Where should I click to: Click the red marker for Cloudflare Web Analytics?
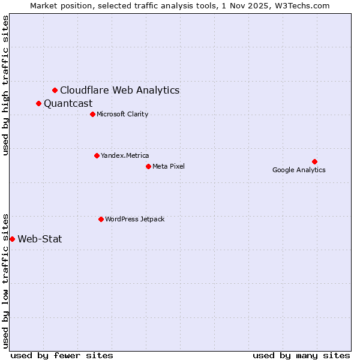[x=55, y=90]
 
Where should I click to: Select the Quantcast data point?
[x=38, y=103]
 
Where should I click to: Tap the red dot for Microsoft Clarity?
[x=92, y=114]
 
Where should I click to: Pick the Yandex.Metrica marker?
[x=97, y=155]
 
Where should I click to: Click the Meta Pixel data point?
[x=148, y=166]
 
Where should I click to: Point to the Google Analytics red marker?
[x=314, y=161]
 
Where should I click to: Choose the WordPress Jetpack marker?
[x=101, y=219]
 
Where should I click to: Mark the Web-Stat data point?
[x=12, y=239]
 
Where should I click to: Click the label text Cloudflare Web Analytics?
[x=119, y=90]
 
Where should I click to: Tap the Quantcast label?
[x=68, y=103]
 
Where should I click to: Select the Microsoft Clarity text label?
[x=122, y=114]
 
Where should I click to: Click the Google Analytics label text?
[x=299, y=170]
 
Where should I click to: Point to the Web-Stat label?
[x=40, y=239]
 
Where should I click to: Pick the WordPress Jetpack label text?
[x=134, y=219]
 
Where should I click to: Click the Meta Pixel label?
[x=169, y=166]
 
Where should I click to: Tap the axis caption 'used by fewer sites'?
[x=62, y=355]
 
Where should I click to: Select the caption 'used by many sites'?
[x=301, y=355]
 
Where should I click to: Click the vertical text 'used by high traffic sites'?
[x=6, y=85]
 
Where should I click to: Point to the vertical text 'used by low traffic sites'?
[x=6, y=280]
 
